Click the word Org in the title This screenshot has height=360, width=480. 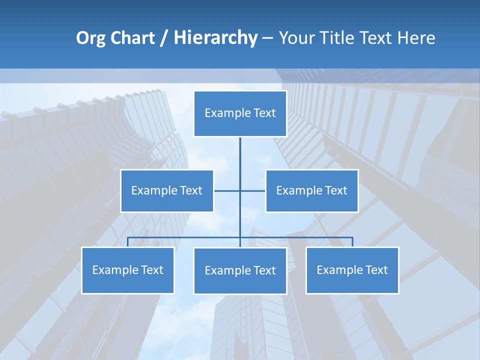click(90, 38)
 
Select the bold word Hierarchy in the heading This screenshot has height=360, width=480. click(215, 38)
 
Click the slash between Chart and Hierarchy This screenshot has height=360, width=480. click(164, 38)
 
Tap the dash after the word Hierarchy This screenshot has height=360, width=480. click(267, 38)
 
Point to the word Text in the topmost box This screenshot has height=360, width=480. click(264, 113)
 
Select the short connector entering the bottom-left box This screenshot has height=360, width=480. click(127, 242)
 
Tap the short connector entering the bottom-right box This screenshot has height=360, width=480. click(352, 242)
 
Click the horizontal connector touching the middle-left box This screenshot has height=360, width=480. click(226, 190)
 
